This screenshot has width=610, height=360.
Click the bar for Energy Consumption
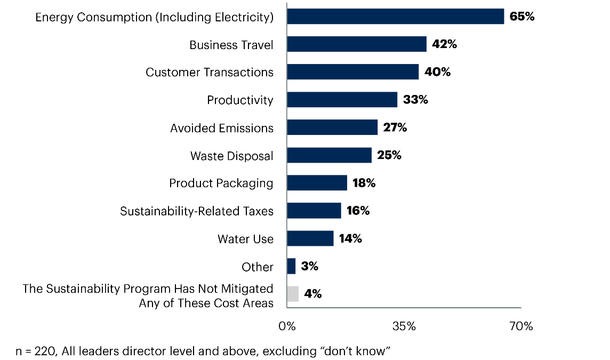[x=395, y=17]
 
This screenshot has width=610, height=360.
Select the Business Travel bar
[x=357, y=44]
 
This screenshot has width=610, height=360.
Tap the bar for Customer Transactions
[x=352, y=72]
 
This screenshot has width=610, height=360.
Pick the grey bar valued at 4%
[x=293, y=294]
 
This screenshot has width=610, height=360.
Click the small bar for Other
[x=291, y=266]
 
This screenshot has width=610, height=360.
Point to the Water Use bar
[x=310, y=238]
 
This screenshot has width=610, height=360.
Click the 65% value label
[x=522, y=17]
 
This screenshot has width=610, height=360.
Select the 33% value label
[x=415, y=100]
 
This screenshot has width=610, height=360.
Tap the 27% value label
[x=395, y=127]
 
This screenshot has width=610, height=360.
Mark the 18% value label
[x=364, y=183]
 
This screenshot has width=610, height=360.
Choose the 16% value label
[x=358, y=211]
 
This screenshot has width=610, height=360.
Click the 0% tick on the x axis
[x=287, y=326]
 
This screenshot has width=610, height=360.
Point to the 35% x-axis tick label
[x=404, y=326]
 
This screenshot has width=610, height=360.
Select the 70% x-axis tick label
[x=520, y=326]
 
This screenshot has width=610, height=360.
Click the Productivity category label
[x=240, y=100]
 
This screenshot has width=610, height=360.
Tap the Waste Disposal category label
[x=232, y=156]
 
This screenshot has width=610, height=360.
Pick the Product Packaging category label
[x=221, y=183]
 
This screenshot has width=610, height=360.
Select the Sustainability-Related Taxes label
[x=197, y=211]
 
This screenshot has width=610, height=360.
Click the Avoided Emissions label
[x=222, y=128]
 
